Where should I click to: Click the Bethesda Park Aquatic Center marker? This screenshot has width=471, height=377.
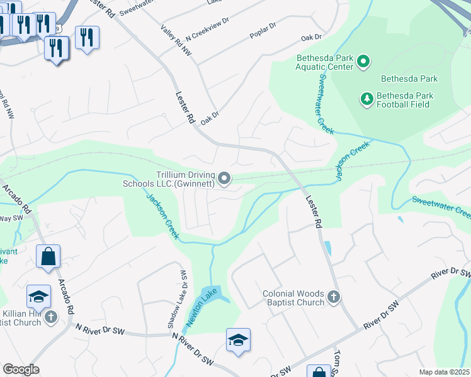(x=363, y=62)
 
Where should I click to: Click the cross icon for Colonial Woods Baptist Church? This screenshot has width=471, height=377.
(x=334, y=297)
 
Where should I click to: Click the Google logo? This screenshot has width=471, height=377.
(x=20, y=369)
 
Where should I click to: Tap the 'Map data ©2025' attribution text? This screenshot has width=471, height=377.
(x=445, y=372)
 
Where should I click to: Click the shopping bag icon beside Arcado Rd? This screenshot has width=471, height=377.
(x=48, y=256)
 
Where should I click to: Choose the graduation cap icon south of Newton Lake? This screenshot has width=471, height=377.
(x=238, y=340)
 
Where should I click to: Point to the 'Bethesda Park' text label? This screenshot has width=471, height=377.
(x=409, y=79)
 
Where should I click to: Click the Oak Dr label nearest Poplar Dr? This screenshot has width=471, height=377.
(x=311, y=38)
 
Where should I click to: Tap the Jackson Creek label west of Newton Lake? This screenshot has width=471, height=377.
(x=162, y=216)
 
